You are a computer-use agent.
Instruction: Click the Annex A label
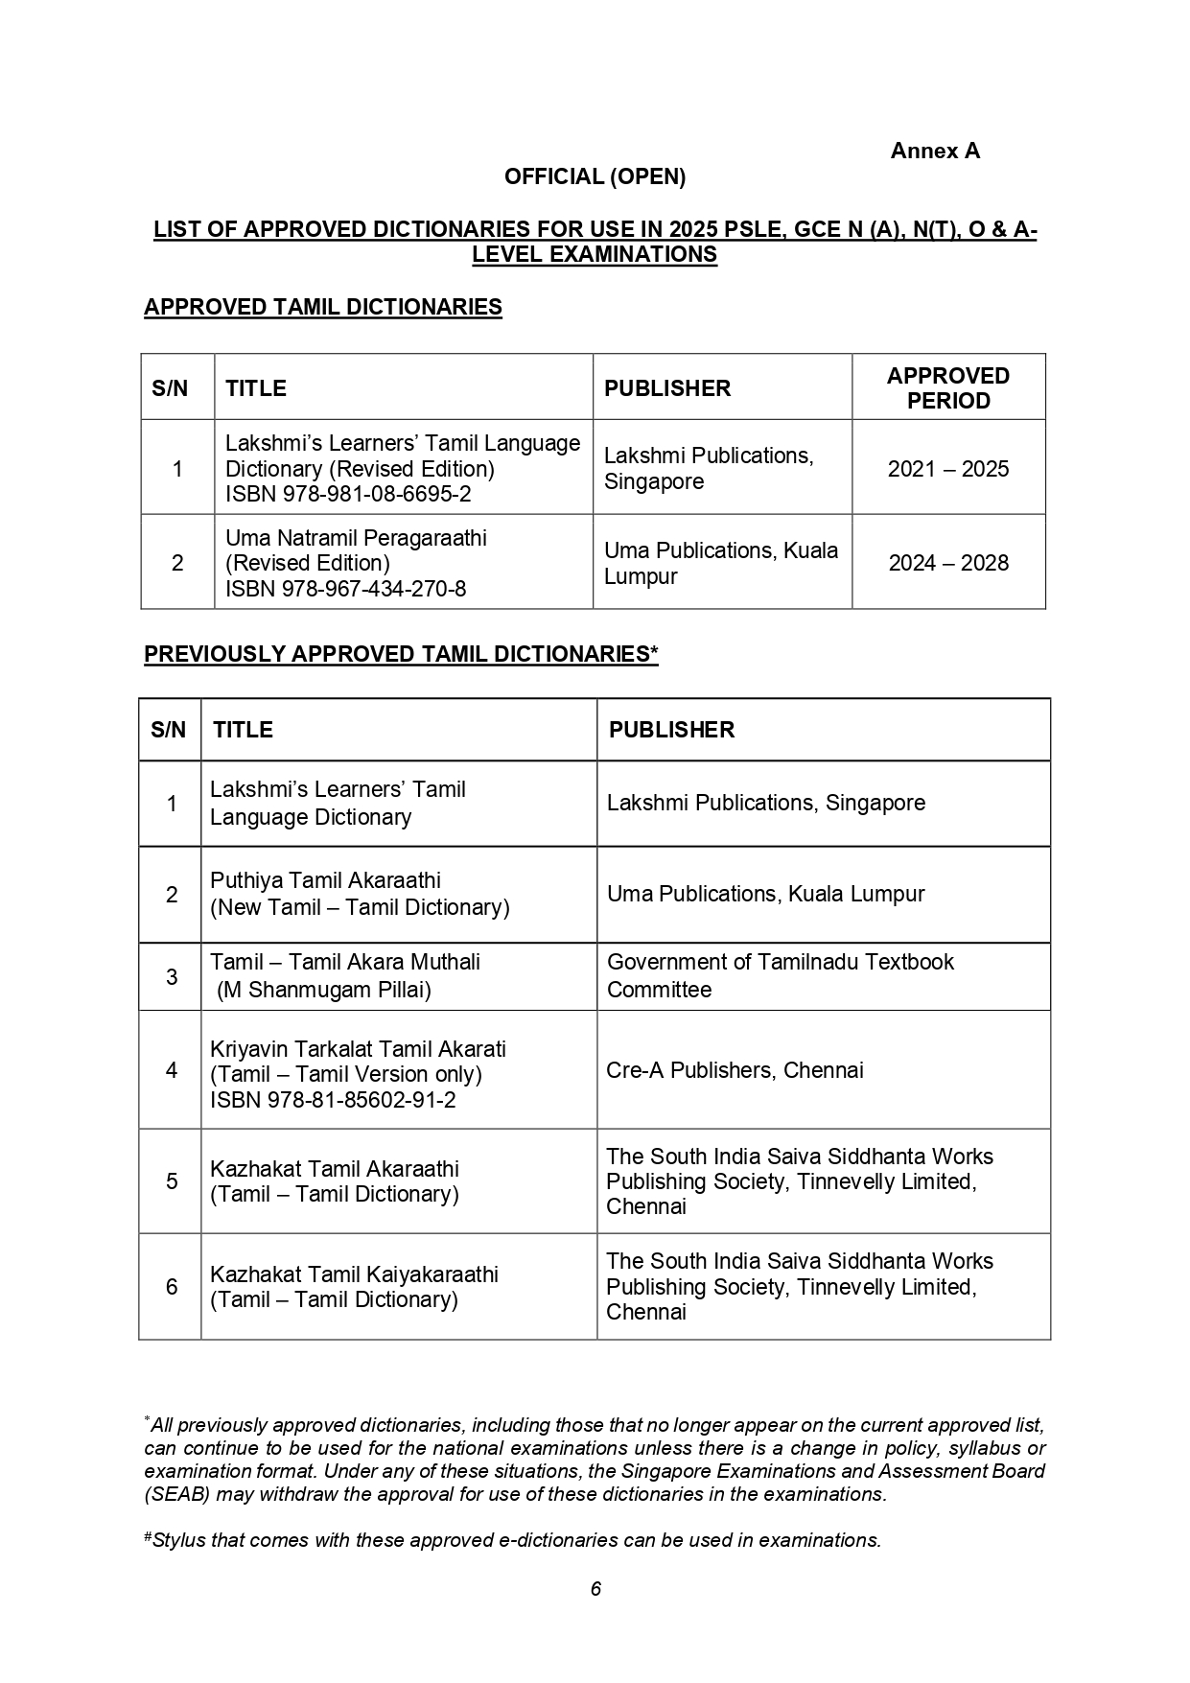[934, 151]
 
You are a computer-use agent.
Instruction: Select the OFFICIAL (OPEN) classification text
[595, 176]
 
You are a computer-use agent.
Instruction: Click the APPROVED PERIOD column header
[947, 387]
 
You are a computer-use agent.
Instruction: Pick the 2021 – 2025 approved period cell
[947, 469]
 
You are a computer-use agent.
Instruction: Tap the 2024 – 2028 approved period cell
[947, 563]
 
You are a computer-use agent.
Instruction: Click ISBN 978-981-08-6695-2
[348, 494]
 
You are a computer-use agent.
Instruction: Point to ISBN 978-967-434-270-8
[345, 589]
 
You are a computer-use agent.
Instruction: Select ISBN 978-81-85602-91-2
[333, 1100]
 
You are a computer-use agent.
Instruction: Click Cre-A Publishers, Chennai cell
[735, 1070]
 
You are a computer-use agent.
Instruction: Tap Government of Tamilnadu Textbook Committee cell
[780, 975]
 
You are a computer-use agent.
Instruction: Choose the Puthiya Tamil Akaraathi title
[325, 880]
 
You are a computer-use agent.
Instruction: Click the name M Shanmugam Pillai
[324, 990]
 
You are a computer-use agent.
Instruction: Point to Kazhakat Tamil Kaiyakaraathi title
[354, 1274]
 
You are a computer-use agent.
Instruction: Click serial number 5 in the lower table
[172, 1181]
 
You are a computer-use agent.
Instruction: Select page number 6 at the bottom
[595, 1589]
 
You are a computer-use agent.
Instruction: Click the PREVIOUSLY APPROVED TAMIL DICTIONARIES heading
[400, 654]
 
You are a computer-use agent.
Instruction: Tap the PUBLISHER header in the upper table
[666, 388]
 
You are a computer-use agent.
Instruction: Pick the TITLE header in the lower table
[243, 730]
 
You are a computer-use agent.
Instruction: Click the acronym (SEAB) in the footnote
[173, 1494]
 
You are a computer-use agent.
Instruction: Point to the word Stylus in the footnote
[178, 1540]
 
